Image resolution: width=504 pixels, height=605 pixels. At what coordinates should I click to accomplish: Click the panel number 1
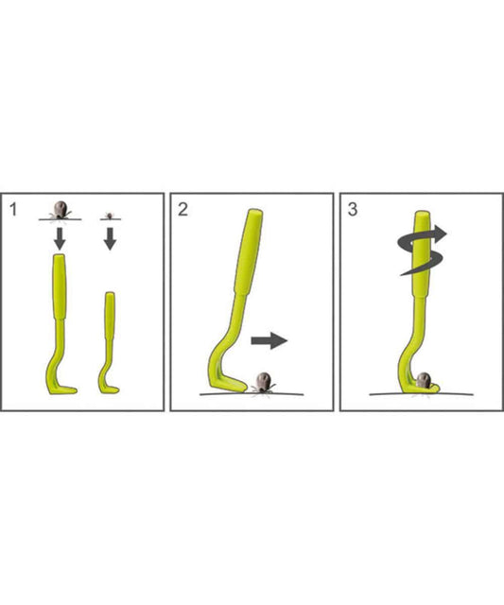13,210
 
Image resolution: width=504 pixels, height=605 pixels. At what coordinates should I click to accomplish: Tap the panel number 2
182,210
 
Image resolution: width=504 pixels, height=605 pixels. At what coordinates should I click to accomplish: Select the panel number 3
353,210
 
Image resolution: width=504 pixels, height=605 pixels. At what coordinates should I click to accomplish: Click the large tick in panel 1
60,210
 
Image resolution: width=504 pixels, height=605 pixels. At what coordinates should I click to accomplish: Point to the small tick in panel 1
110,216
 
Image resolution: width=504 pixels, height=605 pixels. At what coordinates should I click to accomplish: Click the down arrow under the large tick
60,238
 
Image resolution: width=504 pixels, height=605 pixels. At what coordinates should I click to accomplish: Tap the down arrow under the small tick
110,238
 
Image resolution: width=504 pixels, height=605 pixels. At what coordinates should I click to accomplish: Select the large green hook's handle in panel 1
59,286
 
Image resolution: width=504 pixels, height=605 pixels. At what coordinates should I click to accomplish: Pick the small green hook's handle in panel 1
110,316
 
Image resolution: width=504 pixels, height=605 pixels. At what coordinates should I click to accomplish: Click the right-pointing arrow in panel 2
269,340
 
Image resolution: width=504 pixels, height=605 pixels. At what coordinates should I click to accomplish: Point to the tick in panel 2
264,382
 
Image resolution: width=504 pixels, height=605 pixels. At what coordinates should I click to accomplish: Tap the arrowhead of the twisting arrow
440,233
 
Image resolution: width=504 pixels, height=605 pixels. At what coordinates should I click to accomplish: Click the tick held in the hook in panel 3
424,380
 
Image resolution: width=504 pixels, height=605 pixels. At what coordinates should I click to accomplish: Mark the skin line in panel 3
422,394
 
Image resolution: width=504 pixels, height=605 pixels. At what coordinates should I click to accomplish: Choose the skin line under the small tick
111,219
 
